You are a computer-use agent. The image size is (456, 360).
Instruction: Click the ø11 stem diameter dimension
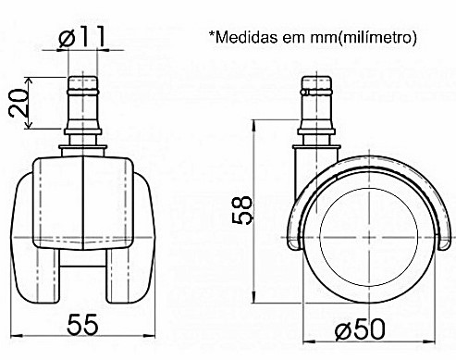click(x=82, y=37)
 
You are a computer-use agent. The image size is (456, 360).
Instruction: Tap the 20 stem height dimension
click(x=18, y=104)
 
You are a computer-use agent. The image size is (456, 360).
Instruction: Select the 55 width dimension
click(x=82, y=325)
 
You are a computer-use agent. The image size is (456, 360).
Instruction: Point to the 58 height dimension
click(x=242, y=210)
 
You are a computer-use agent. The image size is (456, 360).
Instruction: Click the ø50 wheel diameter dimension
click(x=360, y=329)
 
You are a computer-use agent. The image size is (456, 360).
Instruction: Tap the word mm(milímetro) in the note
click(x=364, y=38)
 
